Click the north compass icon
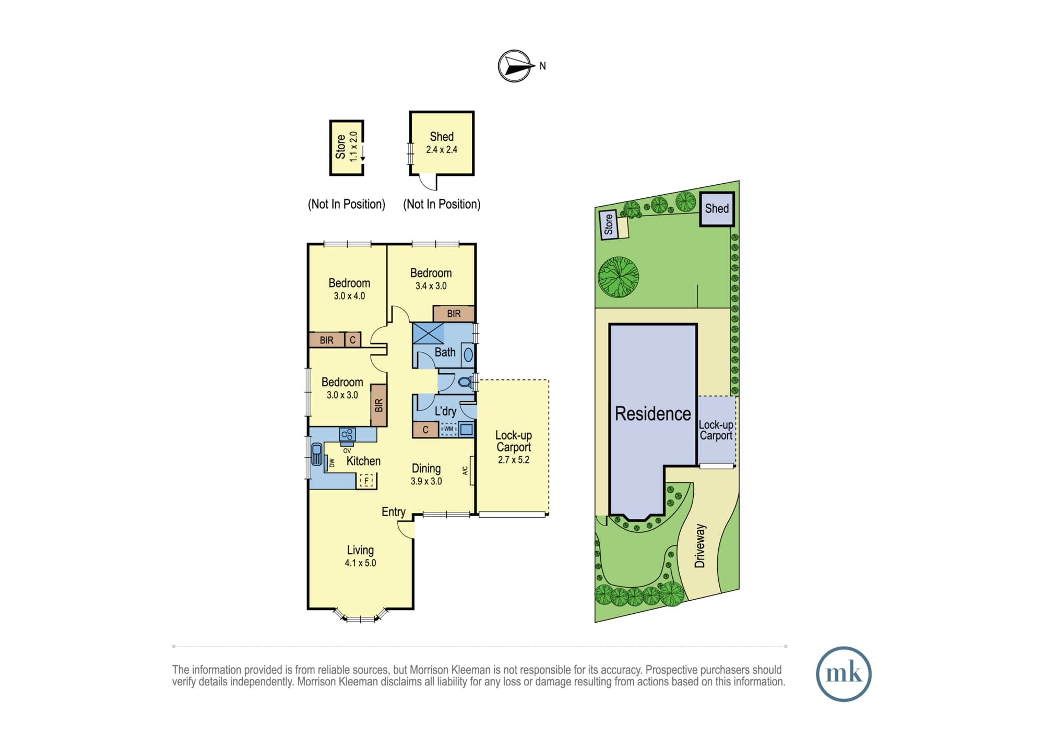515,66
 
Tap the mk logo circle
844,674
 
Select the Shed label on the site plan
717,208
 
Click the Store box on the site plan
608,224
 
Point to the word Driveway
699,546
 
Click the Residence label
652,413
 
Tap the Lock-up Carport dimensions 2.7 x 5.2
514,460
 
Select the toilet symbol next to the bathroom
465,383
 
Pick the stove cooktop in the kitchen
347,434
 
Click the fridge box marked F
366,480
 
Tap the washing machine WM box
448,429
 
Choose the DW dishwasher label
331,463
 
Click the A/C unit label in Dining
465,470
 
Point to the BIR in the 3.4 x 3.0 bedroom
454,314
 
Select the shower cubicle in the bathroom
428,334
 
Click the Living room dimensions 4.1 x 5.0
360,563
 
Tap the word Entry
394,512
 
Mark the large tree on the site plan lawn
619,277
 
